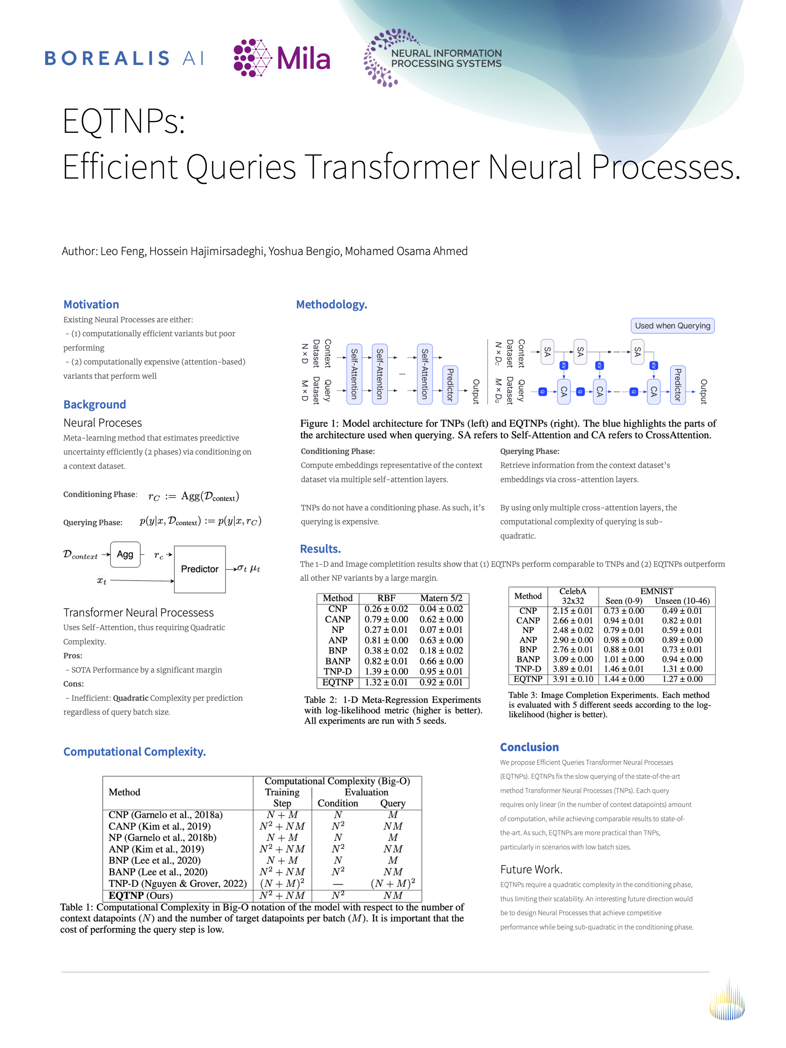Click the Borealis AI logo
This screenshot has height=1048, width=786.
click(x=124, y=58)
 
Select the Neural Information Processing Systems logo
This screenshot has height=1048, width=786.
click(x=432, y=58)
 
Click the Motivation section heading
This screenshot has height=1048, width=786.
click(x=91, y=304)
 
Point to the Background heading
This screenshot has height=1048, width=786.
click(x=94, y=404)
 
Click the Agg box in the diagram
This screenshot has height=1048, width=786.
click(x=125, y=554)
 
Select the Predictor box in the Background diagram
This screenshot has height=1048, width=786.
click(x=199, y=569)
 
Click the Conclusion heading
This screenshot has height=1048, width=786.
click(x=529, y=747)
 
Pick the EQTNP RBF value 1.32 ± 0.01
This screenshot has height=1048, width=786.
click(x=386, y=682)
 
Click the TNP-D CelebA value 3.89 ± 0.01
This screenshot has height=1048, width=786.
click(x=572, y=668)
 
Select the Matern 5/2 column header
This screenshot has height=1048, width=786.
click(x=441, y=598)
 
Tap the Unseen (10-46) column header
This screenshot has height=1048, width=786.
click(x=682, y=601)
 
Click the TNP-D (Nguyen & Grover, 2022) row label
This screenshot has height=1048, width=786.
click(x=177, y=883)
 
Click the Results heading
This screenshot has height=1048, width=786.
click(x=320, y=549)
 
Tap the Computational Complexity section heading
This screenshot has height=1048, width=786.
click(x=135, y=751)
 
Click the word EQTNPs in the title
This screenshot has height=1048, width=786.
click(x=124, y=121)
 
